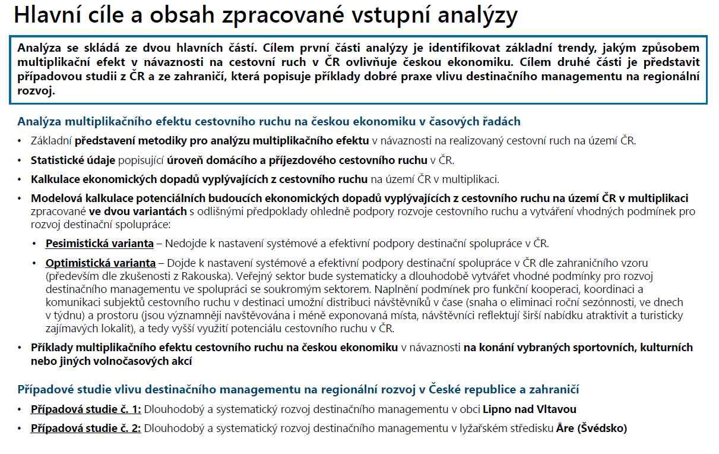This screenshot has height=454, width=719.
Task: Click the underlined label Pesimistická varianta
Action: pos(99,244)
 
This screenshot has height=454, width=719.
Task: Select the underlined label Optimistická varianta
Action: pos(100,263)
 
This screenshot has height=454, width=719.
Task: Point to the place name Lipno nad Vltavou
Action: pos(530,409)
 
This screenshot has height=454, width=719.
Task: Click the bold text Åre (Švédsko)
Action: pos(591,428)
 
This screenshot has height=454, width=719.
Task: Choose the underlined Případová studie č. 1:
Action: pos(86,409)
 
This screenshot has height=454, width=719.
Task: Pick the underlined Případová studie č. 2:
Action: pos(86,428)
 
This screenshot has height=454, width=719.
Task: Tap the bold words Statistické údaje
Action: pos(73,160)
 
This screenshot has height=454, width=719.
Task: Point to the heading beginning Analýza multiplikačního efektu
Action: pos(268,122)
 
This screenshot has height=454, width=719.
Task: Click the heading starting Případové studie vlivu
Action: pos(298,390)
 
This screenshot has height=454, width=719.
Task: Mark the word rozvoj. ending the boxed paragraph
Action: pos(36,91)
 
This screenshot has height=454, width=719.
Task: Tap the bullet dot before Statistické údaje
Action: pos(20,160)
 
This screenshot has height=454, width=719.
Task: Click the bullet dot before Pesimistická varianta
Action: pos(35,244)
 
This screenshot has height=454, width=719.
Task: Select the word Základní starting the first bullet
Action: pos(51,141)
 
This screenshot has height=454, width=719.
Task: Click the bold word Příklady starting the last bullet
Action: pos(52,348)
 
